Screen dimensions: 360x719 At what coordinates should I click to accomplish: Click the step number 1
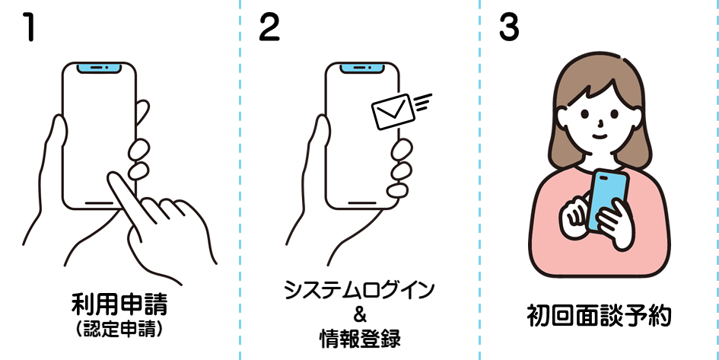click(x=28, y=28)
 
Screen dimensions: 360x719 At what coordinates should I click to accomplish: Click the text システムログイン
click(x=359, y=291)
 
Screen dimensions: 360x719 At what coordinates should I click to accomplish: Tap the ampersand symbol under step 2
click(x=360, y=314)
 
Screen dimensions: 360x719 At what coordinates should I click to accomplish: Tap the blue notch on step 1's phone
click(x=98, y=68)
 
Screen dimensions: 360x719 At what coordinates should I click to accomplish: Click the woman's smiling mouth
click(x=600, y=136)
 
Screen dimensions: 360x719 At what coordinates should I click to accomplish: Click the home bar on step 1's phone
click(x=99, y=203)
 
